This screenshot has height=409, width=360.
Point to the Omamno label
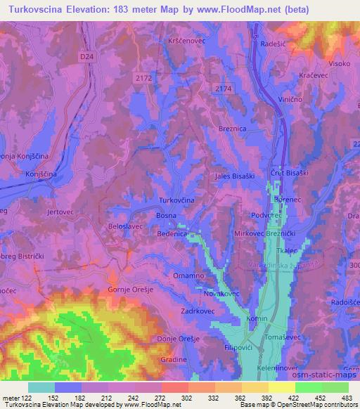pyautogui.click(x=188, y=275)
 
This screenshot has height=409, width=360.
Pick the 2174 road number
pyautogui.click(x=224, y=87)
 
